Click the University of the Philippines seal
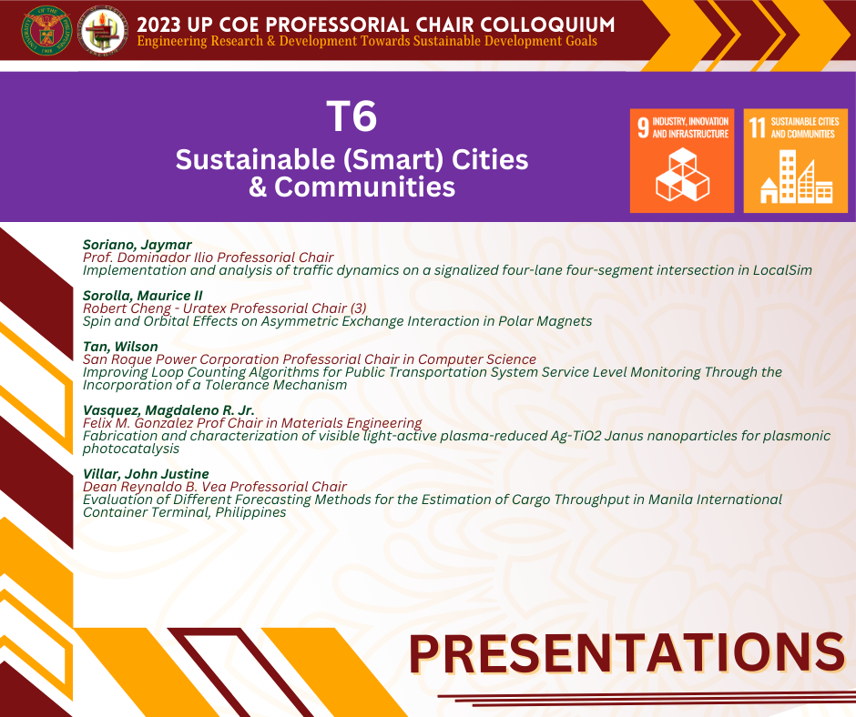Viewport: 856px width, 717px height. coord(46,31)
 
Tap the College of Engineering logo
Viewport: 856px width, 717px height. coord(104,31)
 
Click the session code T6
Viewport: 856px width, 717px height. coord(352,116)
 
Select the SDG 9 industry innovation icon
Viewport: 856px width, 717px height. coord(682,160)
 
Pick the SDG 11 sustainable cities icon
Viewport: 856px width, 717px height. coord(795,160)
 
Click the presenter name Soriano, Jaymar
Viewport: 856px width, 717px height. coord(137,245)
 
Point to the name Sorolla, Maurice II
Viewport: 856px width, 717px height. coord(142,296)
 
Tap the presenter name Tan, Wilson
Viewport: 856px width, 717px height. coord(120,347)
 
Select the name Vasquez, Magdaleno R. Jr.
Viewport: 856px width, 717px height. coord(168,410)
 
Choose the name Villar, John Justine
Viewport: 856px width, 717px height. coord(146,474)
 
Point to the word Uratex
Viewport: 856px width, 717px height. coord(204,308)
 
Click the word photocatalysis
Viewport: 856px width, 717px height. coord(131,449)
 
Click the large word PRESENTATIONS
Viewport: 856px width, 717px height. coord(627,652)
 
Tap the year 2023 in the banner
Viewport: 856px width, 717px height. coord(158,25)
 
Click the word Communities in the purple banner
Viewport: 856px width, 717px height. coord(364,187)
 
